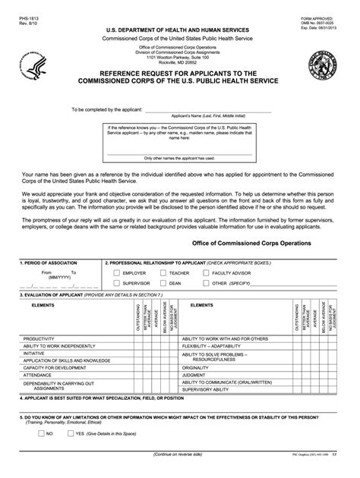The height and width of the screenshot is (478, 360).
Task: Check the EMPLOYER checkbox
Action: (115, 272)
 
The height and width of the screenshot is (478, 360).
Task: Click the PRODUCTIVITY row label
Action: (39, 338)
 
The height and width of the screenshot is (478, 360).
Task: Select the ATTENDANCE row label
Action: (37, 375)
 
